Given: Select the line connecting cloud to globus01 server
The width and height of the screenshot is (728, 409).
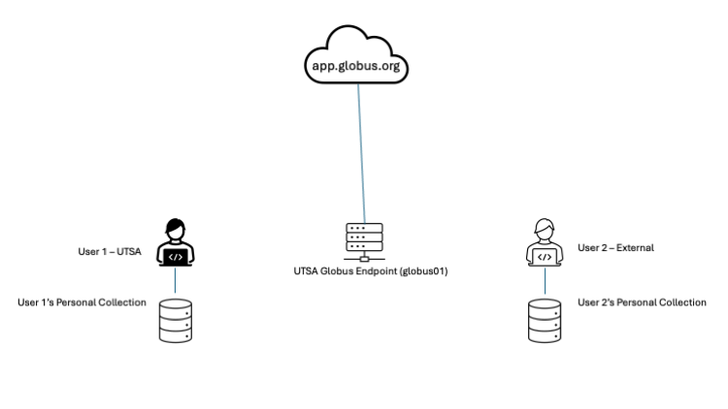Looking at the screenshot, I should [x=361, y=155].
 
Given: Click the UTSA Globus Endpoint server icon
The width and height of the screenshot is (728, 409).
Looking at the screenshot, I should [x=364, y=241].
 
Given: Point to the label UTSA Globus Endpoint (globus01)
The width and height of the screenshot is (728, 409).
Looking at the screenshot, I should [x=363, y=272].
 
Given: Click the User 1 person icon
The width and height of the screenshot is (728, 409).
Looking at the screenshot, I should [x=175, y=242].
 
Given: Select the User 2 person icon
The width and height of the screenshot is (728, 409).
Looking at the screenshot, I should [x=545, y=242].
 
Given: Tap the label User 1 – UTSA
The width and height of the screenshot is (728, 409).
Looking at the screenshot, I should [x=110, y=252].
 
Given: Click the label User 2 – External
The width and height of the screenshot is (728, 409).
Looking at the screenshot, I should [x=615, y=248].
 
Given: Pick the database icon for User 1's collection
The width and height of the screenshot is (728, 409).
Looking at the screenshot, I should [x=175, y=321].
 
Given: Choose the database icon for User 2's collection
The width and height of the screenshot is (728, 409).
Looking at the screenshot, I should [x=545, y=321].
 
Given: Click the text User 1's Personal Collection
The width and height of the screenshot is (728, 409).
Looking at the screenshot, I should [x=82, y=302].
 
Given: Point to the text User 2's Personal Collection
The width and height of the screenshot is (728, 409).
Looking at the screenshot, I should [x=642, y=302].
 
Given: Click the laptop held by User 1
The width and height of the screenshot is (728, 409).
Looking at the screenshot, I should [x=175, y=257].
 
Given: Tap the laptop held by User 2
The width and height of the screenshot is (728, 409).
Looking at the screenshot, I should [x=545, y=257].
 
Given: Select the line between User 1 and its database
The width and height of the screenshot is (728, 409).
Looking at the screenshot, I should [x=175, y=281].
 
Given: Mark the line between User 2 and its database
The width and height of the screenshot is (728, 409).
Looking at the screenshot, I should [x=545, y=281].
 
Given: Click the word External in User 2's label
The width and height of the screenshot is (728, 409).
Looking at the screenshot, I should [x=635, y=248].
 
